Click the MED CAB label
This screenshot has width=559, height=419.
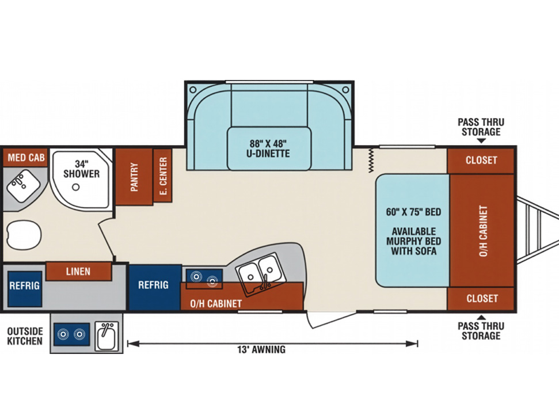click(x=26, y=157)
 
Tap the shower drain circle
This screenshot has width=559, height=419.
click(x=75, y=186)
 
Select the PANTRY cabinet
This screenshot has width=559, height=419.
click(x=134, y=177)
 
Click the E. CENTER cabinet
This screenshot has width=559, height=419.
click(x=163, y=176)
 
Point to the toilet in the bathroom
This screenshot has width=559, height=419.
click(x=24, y=235)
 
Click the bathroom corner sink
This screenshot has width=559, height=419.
click(x=24, y=186)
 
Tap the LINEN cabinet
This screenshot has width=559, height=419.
click(x=78, y=272)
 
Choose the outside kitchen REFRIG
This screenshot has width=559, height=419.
click(x=25, y=289)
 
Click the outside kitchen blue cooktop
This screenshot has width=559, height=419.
click(x=71, y=334)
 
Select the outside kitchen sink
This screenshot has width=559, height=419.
click(x=106, y=336)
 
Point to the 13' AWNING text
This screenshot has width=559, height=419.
click(x=261, y=349)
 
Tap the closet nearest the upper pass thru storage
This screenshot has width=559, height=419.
click(x=481, y=161)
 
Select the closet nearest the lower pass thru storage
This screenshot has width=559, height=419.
click(x=481, y=299)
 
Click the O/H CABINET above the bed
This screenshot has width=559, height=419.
click(x=482, y=231)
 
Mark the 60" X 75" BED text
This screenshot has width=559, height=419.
click(x=413, y=212)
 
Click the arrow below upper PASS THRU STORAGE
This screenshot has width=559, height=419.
click(x=481, y=141)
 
